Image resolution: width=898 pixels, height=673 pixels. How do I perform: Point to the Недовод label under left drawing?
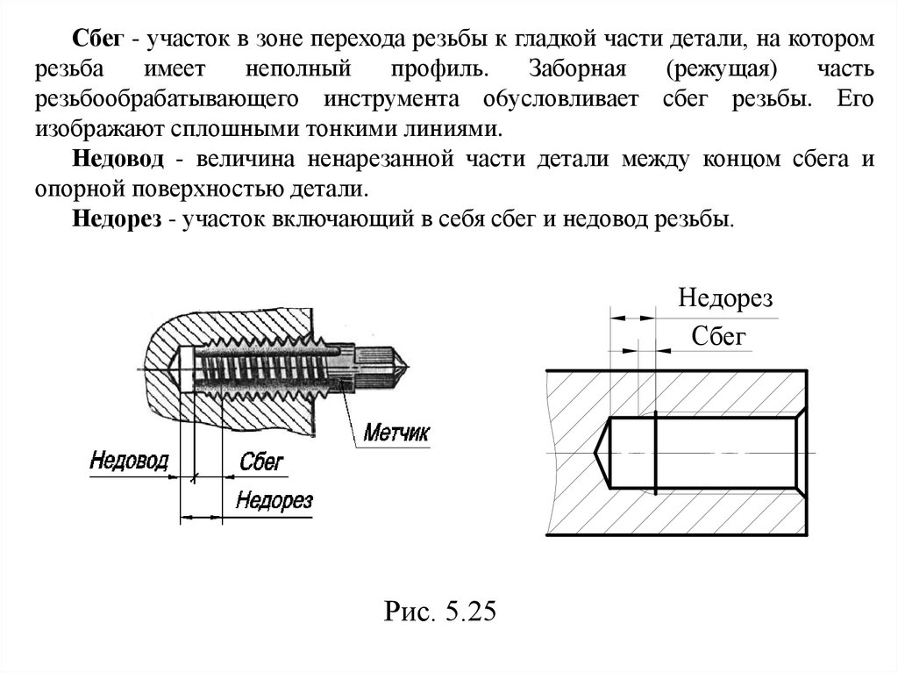coord(129,462)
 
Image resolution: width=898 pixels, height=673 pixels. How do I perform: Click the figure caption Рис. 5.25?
coord(439,611)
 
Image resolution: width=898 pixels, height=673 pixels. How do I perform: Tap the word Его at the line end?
coord(854,98)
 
